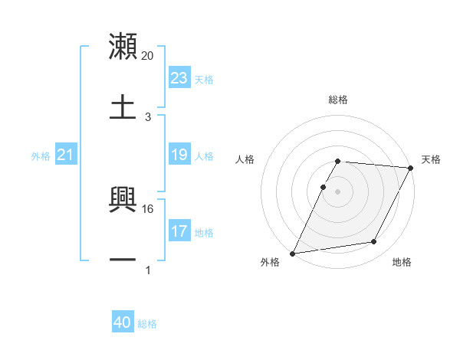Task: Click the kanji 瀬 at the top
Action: pyautogui.click(x=123, y=47)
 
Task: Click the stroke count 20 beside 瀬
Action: pyautogui.click(x=148, y=56)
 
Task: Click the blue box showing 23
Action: pyautogui.click(x=179, y=78)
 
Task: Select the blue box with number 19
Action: pyautogui.click(x=179, y=155)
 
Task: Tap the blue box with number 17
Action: pyautogui.click(x=179, y=231)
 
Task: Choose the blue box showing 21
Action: pyautogui.click(x=65, y=155)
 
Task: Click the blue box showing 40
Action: pyautogui.click(x=123, y=323)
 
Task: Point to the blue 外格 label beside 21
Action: pyautogui.click(x=41, y=156)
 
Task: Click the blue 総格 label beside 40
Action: pyautogui.click(x=147, y=324)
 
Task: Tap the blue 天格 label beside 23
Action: pyautogui.click(x=204, y=79)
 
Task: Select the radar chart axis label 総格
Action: pyautogui.click(x=338, y=100)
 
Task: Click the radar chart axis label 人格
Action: pyautogui.click(x=245, y=159)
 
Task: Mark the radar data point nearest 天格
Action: pyautogui.click(x=411, y=168)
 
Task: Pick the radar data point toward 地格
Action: pyautogui.click(x=374, y=242)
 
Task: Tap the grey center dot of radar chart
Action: pyautogui.click(x=338, y=191)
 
